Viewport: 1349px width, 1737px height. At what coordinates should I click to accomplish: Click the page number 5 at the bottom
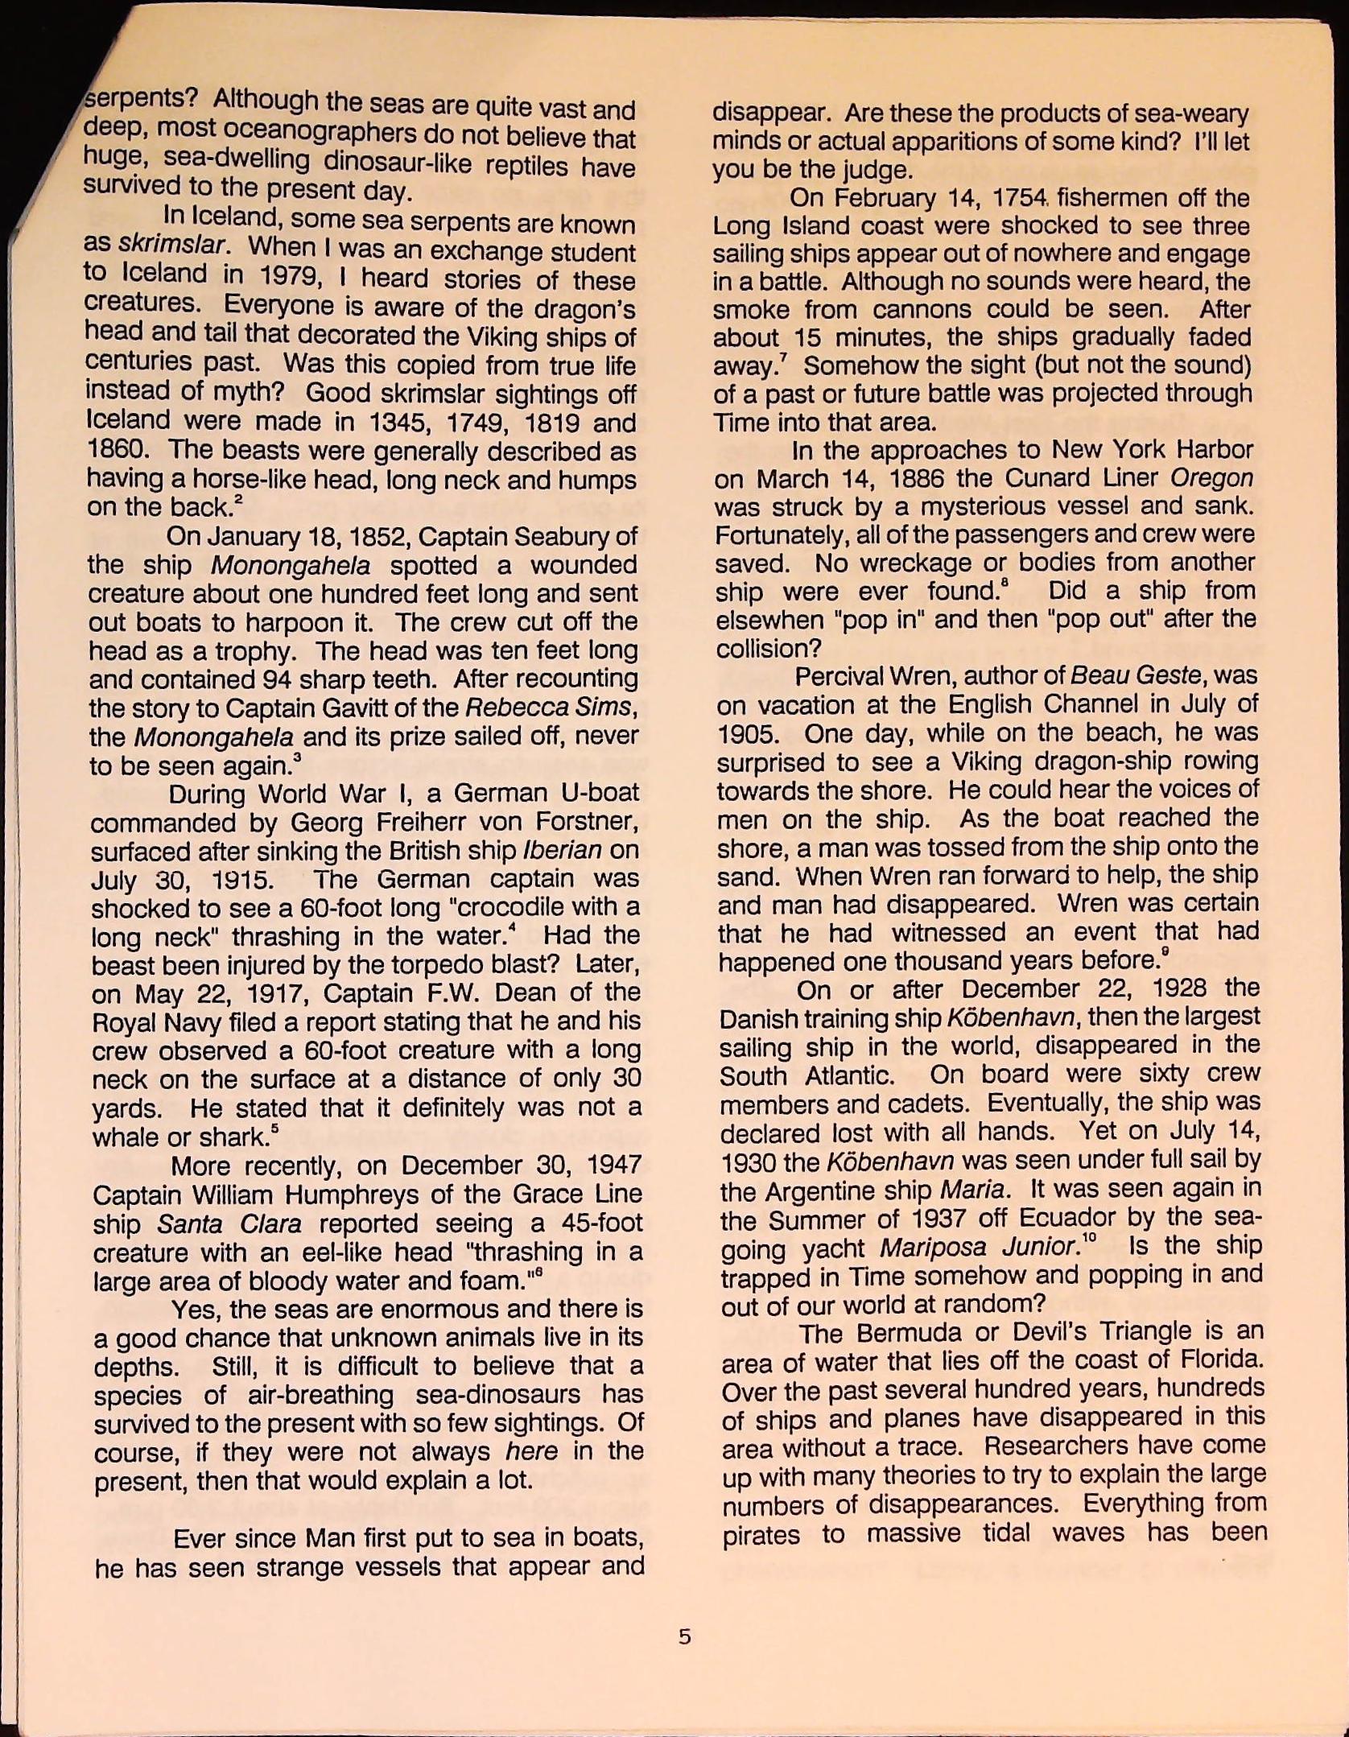pos(684,1636)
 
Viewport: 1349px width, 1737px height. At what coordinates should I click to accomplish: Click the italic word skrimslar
pos(171,244)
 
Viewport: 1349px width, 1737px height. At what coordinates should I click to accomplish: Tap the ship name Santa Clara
pos(229,1224)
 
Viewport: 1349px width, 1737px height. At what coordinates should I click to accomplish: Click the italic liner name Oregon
pos(1211,478)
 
